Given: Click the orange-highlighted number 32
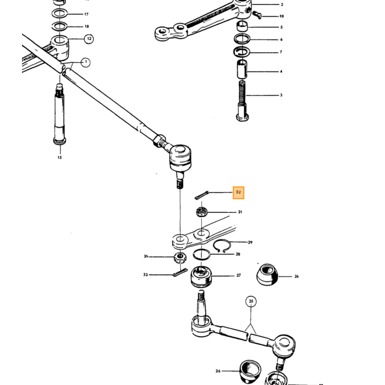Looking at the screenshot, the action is [x=238, y=193].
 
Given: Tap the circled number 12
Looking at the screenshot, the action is [x=89, y=39].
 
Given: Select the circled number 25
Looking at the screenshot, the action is [x=251, y=301].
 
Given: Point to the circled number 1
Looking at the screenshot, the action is [x=86, y=62].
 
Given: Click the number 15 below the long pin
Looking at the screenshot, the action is [x=59, y=157].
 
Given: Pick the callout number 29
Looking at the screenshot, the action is [x=250, y=243].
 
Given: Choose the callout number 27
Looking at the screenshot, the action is [x=239, y=276].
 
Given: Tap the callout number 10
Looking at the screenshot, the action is [x=282, y=16].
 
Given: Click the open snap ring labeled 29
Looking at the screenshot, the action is [x=222, y=245].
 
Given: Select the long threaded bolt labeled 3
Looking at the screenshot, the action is [x=243, y=101].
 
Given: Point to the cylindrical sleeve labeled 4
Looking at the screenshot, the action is [x=243, y=69].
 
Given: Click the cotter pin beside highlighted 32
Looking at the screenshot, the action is [x=202, y=195].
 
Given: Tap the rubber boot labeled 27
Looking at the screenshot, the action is [x=201, y=277].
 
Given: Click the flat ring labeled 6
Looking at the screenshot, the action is [x=242, y=38].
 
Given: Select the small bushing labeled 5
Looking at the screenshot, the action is [x=243, y=26].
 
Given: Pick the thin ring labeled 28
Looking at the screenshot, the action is [x=202, y=254].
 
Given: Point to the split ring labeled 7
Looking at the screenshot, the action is [x=241, y=52].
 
